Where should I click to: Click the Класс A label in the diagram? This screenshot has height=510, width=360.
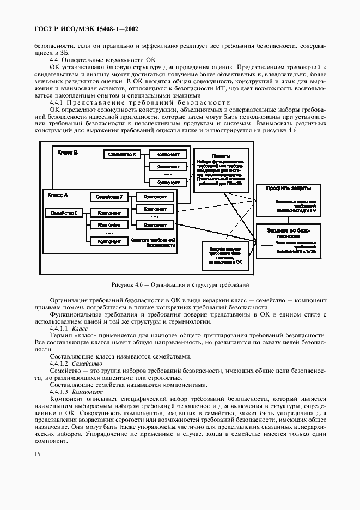pyautogui.click(x=58, y=195)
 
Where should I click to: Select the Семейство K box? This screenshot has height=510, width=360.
pyautogui.click(x=122, y=155)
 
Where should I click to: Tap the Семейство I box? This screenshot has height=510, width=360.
pyautogui.click(x=63, y=213)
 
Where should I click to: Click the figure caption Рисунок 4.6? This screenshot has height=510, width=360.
pyautogui.click(x=180, y=284)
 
